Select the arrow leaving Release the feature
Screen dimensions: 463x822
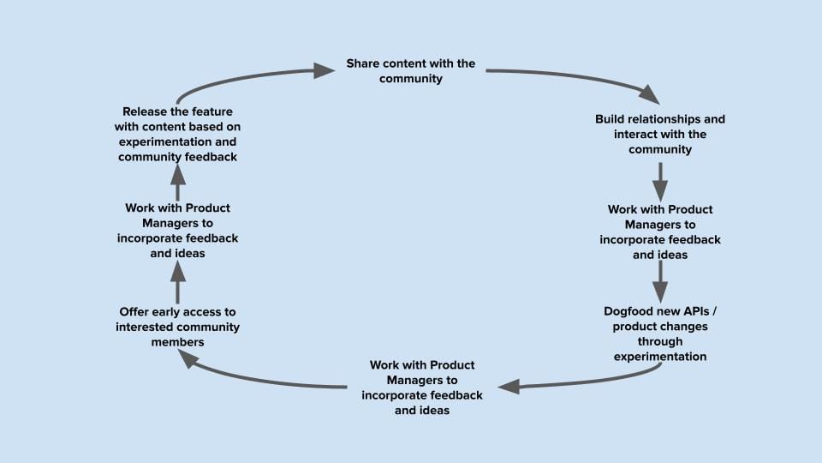point(248,77)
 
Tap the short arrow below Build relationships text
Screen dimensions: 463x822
point(660,178)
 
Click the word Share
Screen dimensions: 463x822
point(363,63)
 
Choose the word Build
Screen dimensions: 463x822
point(612,119)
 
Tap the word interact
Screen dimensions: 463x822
point(636,135)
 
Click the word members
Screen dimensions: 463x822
point(177,342)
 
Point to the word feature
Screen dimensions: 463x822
point(211,111)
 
